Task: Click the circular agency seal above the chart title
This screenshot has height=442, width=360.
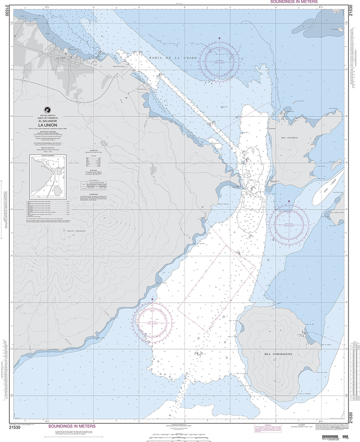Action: point(48,110)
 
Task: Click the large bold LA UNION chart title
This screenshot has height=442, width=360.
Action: point(47,126)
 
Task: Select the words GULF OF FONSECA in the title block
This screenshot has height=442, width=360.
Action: point(48,118)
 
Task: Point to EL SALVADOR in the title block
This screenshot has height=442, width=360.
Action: point(48,121)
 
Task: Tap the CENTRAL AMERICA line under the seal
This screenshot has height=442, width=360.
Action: point(48,115)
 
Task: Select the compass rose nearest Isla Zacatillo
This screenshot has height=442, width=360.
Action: point(290,224)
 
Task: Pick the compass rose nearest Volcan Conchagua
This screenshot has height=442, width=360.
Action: point(152,321)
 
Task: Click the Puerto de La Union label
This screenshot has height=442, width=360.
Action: point(116,66)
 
